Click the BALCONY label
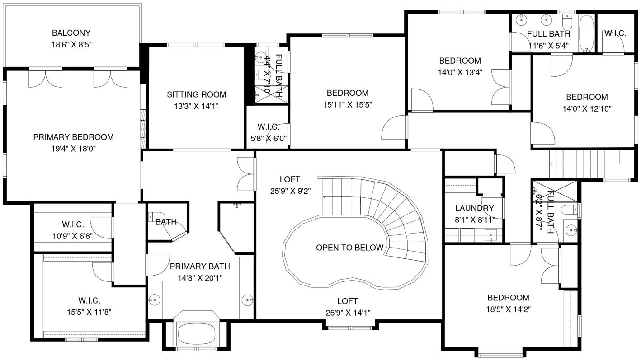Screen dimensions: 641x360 71,33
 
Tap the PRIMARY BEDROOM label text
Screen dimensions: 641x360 74,137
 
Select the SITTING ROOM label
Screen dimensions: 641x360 197,95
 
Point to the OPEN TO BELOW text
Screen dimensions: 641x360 350,248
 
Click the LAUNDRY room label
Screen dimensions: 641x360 475,208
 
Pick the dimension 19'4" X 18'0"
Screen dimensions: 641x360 74,149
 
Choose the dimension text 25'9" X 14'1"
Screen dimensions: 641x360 348,313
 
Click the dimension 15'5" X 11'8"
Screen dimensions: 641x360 90,312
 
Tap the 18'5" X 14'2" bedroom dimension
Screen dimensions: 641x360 509,309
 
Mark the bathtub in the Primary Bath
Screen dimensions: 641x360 196,333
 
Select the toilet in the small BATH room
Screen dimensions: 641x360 155,216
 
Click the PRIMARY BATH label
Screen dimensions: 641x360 200,266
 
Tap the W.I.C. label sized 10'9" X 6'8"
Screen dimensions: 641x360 73,225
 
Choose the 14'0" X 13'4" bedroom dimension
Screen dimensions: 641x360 460,73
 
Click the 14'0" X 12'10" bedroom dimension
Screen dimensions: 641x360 587,109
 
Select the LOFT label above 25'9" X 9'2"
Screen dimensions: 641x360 290,180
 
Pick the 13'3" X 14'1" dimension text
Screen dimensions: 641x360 197,106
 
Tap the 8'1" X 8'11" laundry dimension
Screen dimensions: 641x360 475,220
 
